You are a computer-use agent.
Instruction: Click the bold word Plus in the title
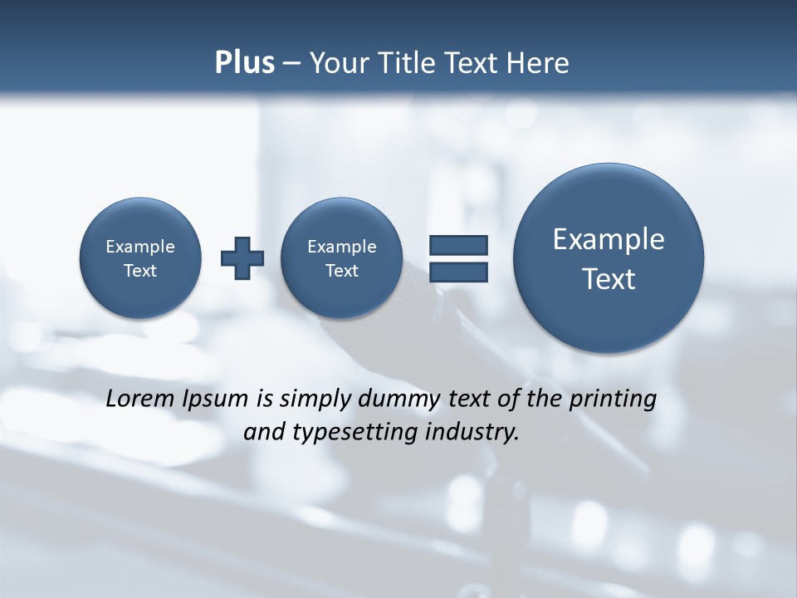[244, 63]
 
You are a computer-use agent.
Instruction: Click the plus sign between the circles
[242, 257]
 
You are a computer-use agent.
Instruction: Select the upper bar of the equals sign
[458, 245]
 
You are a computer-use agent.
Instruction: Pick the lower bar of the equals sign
[458, 272]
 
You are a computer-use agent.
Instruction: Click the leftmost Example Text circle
[140, 258]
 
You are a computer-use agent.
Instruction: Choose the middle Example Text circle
[341, 258]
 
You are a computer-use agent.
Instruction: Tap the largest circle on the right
[609, 258]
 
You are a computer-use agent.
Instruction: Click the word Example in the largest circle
[609, 239]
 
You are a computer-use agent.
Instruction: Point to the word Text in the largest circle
[609, 279]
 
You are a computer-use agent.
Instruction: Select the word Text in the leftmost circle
[140, 271]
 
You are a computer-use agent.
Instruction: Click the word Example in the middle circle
[341, 247]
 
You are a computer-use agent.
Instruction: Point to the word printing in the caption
[614, 399]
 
